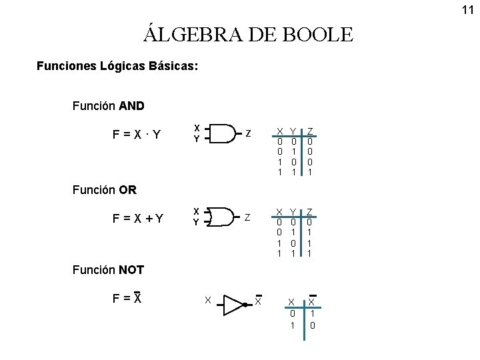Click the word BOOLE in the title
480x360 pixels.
(318, 34)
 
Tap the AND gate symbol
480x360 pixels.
(223, 133)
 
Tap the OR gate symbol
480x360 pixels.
(223, 217)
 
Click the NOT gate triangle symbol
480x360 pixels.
(234, 304)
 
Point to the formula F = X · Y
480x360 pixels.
(137, 135)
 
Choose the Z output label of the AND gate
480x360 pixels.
(248, 133)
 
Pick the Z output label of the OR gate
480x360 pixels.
(248, 217)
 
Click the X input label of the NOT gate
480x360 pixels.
(208, 301)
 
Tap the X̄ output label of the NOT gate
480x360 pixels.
(258, 301)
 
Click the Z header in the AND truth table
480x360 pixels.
(310, 131)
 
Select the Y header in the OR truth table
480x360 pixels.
(293, 212)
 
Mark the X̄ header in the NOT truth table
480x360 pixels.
(311, 302)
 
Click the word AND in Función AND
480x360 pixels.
(131, 106)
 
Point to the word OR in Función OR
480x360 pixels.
(127, 189)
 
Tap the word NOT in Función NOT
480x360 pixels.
(131, 271)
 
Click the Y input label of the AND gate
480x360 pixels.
(196, 139)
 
